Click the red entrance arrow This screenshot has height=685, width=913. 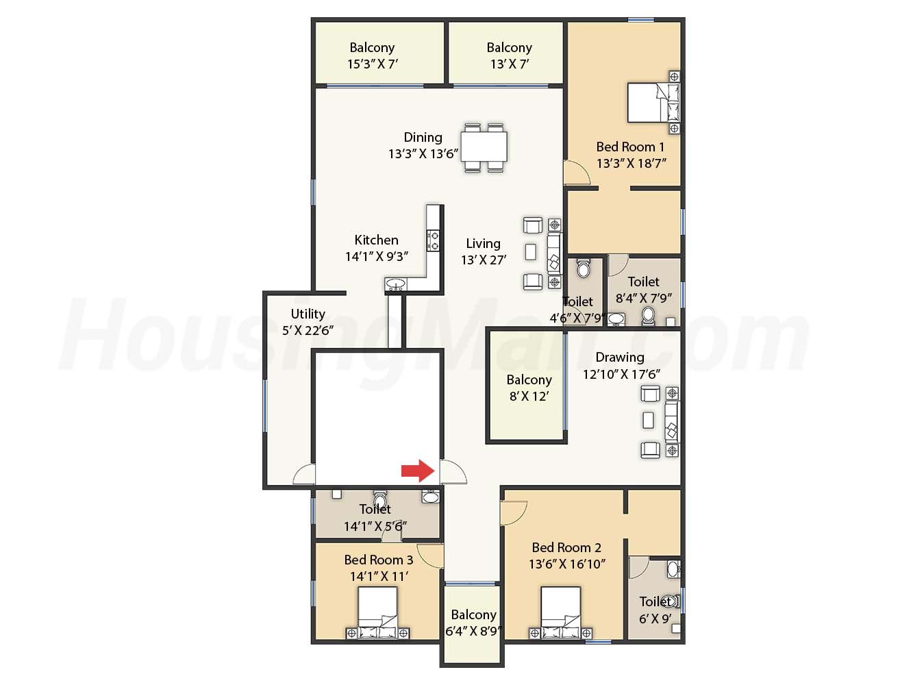(x=418, y=471)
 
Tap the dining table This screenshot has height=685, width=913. (x=484, y=147)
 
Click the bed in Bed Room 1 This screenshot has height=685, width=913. (x=653, y=102)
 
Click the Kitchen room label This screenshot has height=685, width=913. (x=376, y=240)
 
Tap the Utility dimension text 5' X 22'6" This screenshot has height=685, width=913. (x=308, y=331)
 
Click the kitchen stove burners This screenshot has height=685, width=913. (x=433, y=240)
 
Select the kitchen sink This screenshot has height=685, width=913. (x=396, y=284)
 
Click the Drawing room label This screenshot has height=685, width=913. (x=620, y=358)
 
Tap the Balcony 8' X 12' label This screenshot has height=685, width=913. (x=529, y=388)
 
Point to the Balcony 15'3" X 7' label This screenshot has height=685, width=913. (x=373, y=55)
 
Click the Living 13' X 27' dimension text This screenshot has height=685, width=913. (x=484, y=260)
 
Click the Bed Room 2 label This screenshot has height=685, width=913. (x=566, y=547)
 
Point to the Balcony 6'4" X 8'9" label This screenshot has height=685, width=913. (x=473, y=623)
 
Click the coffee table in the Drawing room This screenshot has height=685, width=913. (x=648, y=420)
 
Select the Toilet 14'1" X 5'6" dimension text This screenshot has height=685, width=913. (x=375, y=526)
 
